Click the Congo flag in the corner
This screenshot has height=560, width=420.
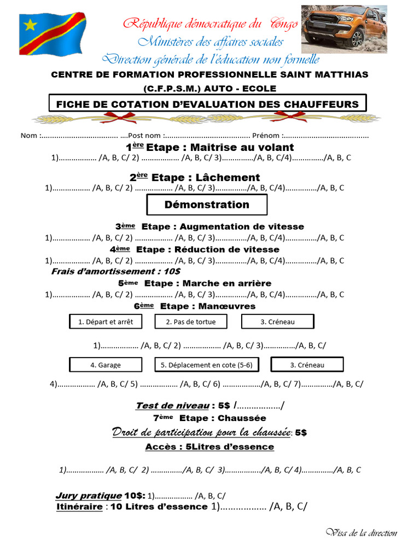[x=52, y=34]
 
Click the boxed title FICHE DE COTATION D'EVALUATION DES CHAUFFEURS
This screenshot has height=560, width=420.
[x=207, y=104]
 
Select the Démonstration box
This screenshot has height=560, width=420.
[x=207, y=205]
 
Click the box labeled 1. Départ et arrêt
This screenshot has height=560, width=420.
[x=106, y=322]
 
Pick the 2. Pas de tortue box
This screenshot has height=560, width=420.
[x=191, y=322]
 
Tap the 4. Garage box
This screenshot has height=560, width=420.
[x=106, y=365]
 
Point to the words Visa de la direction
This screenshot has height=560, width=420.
[x=361, y=533]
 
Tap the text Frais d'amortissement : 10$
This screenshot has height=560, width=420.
[x=116, y=271]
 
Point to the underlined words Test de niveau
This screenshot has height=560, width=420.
[x=172, y=405]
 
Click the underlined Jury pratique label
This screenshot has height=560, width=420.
[x=89, y=495]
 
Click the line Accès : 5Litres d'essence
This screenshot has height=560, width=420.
[x=209, y=447]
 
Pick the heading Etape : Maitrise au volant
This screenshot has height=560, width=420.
[x=210, y=147]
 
